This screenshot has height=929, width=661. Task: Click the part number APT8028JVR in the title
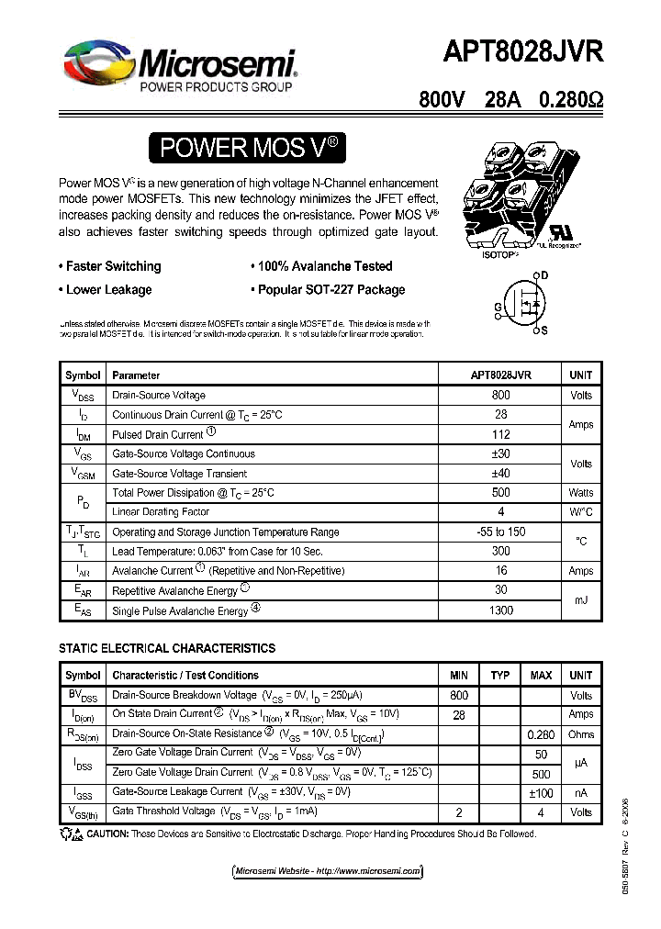click(x=526, y=52)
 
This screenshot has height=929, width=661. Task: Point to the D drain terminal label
click(x=544, y=275)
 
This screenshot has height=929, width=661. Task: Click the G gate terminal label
click(x=499, y=307)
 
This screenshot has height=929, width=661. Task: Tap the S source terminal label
click(x=544, y=330)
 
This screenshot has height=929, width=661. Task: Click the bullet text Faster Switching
click(x=113, y=266)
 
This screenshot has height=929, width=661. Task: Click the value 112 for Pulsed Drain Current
click(x=500, y=434)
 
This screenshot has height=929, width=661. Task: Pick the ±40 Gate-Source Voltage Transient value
click(x=500, y=474)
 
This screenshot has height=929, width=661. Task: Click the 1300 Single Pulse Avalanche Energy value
click(x=500, y=610)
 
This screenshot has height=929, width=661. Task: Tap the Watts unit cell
click(x=581, y=493)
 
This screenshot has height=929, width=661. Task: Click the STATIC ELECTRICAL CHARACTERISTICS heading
click(x=167, y=648)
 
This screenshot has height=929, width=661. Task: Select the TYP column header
click(x=499, y=676)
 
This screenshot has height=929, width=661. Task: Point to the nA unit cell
click(x=581, y=792)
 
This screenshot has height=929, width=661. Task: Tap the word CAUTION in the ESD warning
click(x=108, y=834)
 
